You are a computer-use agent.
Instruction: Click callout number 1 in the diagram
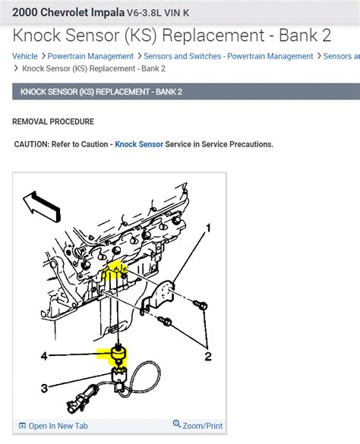[208, 226]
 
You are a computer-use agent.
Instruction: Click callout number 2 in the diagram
[207, 356]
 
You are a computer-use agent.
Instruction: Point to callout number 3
[44, 388]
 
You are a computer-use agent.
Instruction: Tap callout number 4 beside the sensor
[43, 354]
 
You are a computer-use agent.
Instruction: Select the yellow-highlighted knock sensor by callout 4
[118, 354]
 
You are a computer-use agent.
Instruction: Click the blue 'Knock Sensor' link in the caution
[139, 144]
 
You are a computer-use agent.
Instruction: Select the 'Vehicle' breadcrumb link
[24, 56]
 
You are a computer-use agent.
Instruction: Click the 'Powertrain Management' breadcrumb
[90, 56]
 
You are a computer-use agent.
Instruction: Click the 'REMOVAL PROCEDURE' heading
[53, 121]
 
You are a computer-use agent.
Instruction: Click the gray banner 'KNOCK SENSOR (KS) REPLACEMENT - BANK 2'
[101, 92]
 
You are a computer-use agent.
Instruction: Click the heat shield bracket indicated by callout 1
[162, 292]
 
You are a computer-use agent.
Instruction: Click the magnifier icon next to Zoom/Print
[177, 425]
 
